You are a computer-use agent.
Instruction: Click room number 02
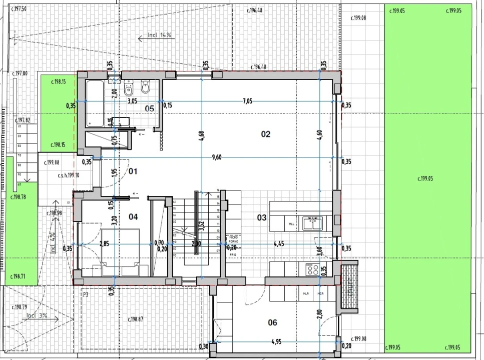click(265, 134)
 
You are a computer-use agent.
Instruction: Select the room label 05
click(149, 108)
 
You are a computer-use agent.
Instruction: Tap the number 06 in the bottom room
click(272, 322)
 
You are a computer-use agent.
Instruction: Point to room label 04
click(133, 216)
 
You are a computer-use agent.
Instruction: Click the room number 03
click(262, 217)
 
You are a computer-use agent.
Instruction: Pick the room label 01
click(133, 171)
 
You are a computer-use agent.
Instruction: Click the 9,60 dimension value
click(217, 156)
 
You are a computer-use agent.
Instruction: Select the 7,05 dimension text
click(247, 101)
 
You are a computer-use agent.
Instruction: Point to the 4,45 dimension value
click(279, 244)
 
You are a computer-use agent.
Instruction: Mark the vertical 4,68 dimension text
click(201, 136)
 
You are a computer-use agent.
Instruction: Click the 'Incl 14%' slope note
click(159, 35)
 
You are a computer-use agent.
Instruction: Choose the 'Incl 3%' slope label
click(37, 315)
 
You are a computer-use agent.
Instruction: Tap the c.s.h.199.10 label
click(68, 175)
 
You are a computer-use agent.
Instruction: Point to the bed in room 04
click(122, 252)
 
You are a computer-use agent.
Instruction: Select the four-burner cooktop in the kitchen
click(312, 269)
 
